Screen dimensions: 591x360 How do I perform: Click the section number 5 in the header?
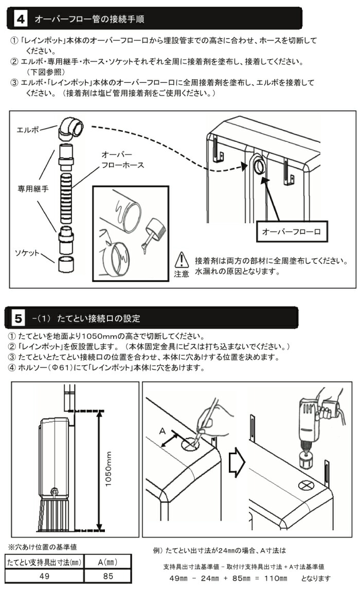click(x=19, y=318)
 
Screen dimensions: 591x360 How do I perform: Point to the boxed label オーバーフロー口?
click(x=291, y=232)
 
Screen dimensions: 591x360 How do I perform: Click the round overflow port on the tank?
click(x=259, y=166)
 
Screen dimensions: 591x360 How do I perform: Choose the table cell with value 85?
click(x=108, y=576)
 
